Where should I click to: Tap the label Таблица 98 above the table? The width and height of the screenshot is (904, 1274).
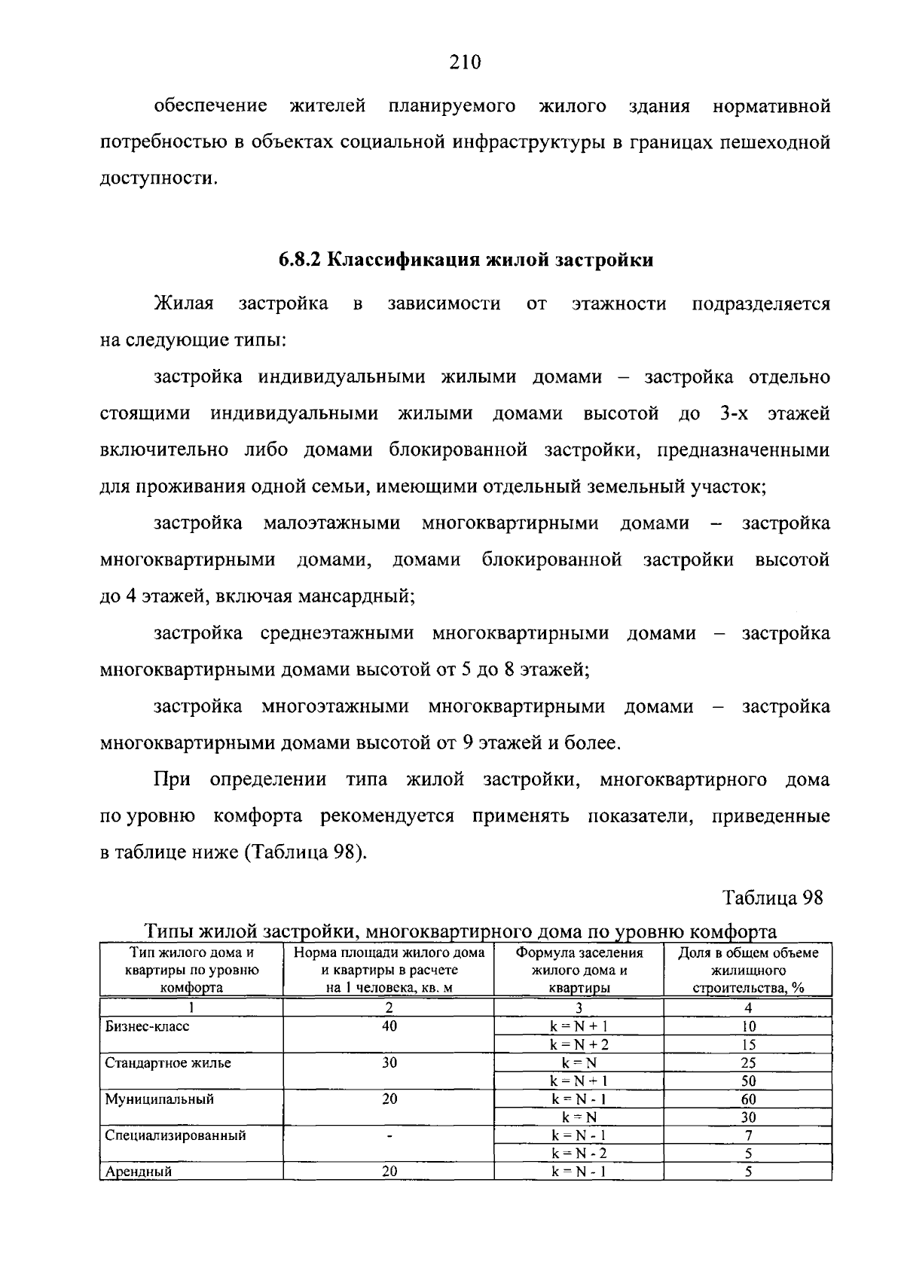tap(773, 898)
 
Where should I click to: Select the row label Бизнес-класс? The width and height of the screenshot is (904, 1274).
tap(148, 1026)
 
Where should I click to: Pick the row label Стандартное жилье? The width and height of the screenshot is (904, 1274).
tap(168, 1063)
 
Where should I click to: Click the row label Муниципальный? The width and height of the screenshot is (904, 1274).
tap(159, 1099)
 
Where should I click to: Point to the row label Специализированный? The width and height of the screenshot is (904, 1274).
tap(176, 1135)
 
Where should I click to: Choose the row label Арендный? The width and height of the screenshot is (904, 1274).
tap(139, 1172)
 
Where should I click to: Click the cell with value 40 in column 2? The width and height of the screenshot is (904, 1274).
tap(389, 1026)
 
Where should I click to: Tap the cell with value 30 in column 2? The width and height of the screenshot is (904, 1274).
tap(389, 1063)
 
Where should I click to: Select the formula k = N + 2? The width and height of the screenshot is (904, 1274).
tap(579, 1045)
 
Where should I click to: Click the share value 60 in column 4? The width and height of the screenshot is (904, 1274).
tap(748, 1099)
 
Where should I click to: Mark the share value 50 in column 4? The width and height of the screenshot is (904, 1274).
tap(748, 1081)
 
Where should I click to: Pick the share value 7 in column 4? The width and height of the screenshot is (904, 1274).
tap(748, 1135)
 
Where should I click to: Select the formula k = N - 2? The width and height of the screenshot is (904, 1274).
tap(579, 1154)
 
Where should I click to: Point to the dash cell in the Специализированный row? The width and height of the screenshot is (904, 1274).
tap(389, 1135)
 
